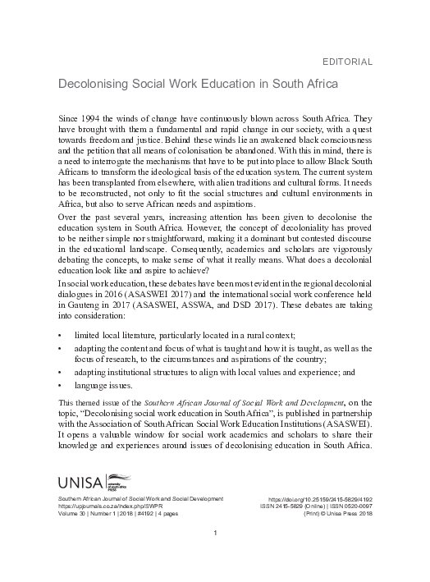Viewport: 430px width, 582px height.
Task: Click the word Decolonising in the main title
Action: [x=91, y=85]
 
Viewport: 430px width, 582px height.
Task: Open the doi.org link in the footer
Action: [x=321, y=499]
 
